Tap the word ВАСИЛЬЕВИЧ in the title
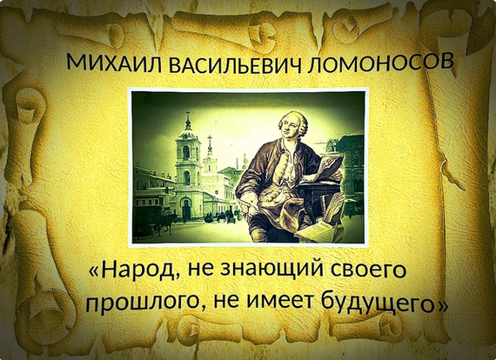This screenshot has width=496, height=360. point(235,65)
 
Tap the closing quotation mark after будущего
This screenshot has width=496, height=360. point(442,304)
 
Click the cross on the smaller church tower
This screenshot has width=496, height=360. point(210,139)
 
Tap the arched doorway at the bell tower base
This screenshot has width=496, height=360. point(186,209)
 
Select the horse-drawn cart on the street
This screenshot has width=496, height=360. point(155,220)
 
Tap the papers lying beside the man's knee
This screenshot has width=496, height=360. point(317,230)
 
